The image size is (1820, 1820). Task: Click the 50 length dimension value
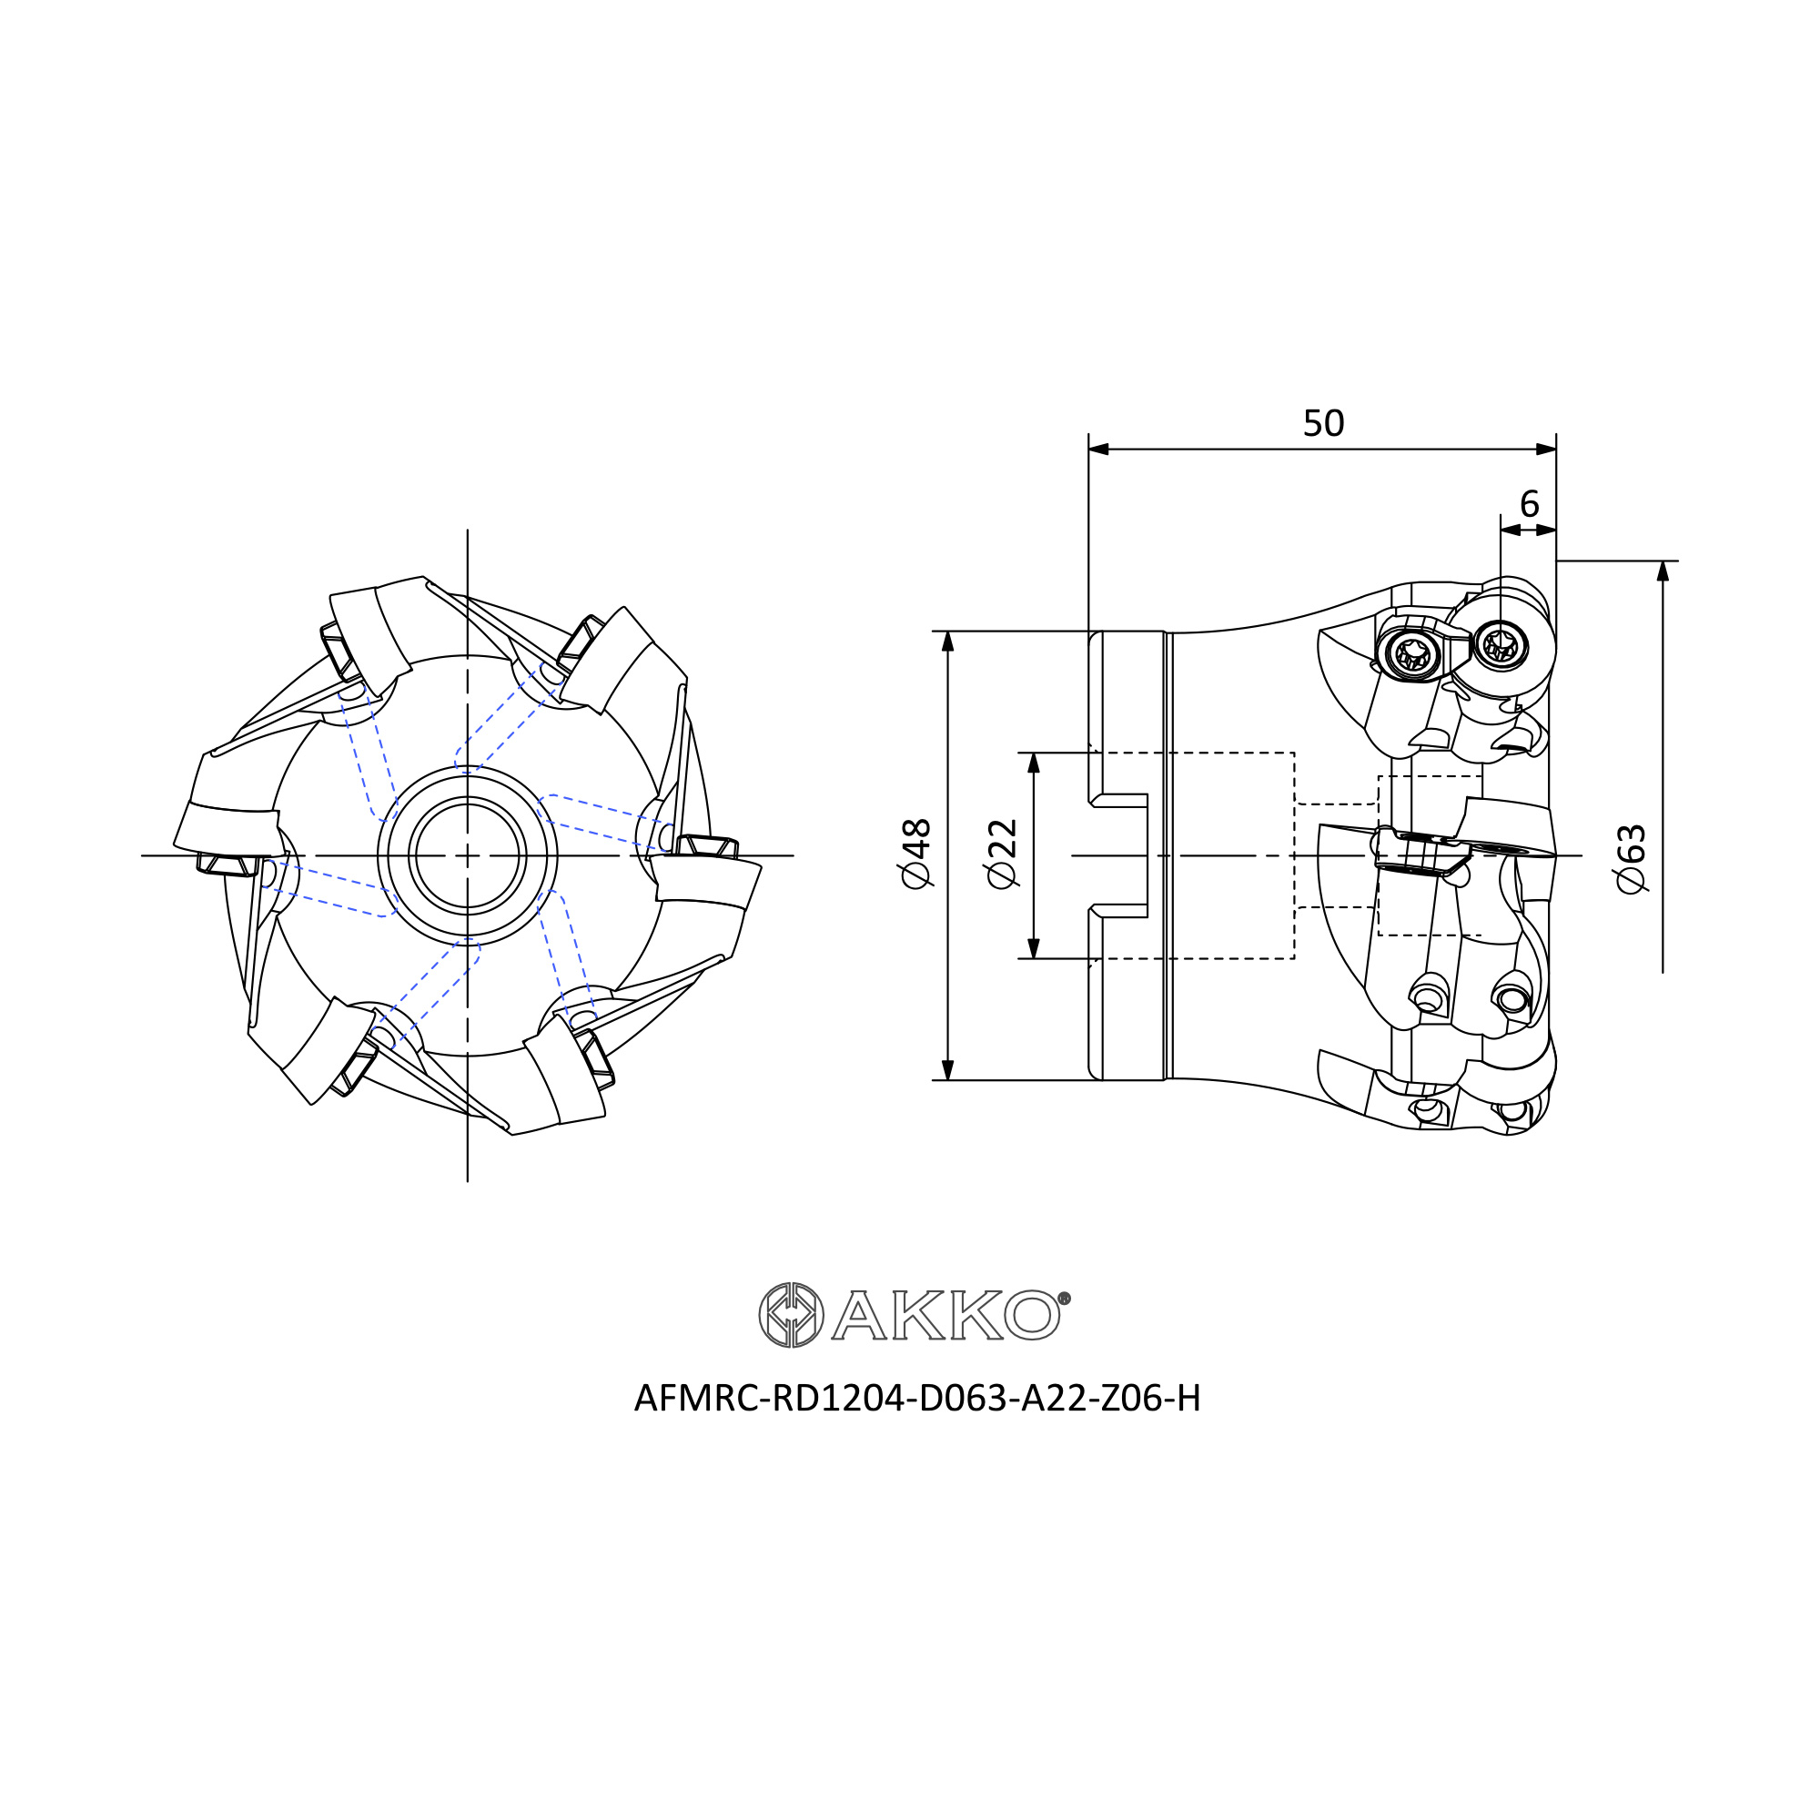(x=1322, y=424)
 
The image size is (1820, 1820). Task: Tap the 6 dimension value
(x=1529, y=505)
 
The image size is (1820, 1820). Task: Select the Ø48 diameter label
(x=916, y=854)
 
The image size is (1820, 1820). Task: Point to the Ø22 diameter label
(x=1002, y=854)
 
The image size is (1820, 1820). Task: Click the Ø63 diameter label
(x=1630, y=859)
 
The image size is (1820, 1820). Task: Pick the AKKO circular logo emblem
(x=792, y=1315)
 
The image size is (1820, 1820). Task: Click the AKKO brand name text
(x=945, y=1315)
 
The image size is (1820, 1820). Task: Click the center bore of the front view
(x=467, y=855)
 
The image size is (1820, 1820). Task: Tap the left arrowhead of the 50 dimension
(x=1098, y=450)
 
